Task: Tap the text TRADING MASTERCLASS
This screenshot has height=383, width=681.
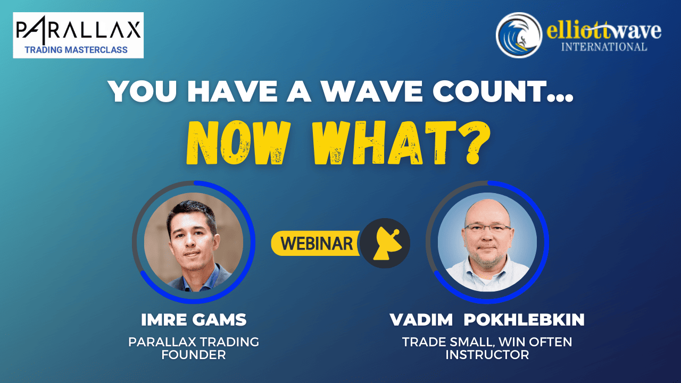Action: pos(76,50)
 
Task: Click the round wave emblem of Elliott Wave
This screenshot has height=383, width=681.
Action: pos(519,35)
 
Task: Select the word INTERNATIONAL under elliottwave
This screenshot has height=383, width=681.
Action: pos(604,47)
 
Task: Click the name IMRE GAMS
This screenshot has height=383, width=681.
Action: pos(194,320)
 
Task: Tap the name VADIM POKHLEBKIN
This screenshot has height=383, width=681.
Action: pos(487,320)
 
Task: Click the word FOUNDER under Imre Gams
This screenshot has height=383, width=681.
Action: pos(194,355)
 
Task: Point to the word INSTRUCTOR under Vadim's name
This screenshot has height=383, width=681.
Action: pos(487,355)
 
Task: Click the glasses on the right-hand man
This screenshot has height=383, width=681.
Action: pos(487,228)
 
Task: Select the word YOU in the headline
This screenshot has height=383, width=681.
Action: pos(142,91)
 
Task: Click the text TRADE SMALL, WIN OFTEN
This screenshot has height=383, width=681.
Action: pos(487,342)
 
